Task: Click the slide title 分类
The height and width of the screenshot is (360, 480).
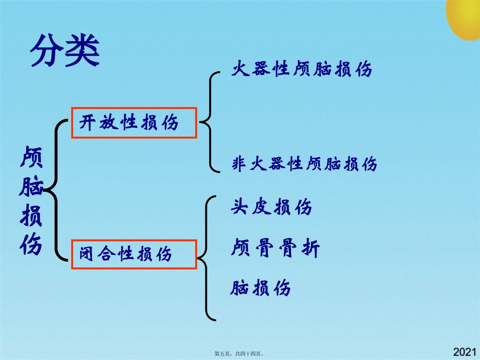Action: coord(65,50)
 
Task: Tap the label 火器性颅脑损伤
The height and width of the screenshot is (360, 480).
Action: coord(302,69)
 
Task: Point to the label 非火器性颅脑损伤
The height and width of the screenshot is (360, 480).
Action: coord(305,163)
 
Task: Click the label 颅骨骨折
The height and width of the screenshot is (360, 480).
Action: coord(276,248)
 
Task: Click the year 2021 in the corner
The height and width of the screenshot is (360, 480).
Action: coord(465,352)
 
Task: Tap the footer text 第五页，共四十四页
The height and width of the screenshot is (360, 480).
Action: coord(239,354)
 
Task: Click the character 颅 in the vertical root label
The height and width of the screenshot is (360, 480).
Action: coord(31,157)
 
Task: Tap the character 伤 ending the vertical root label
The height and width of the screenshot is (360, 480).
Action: coord(31,244)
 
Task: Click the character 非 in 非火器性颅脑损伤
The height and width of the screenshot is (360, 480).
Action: coord(239,163)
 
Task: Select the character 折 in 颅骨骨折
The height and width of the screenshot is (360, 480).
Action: coord(310,248)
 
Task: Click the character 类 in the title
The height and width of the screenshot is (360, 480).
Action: coord(83,50)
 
